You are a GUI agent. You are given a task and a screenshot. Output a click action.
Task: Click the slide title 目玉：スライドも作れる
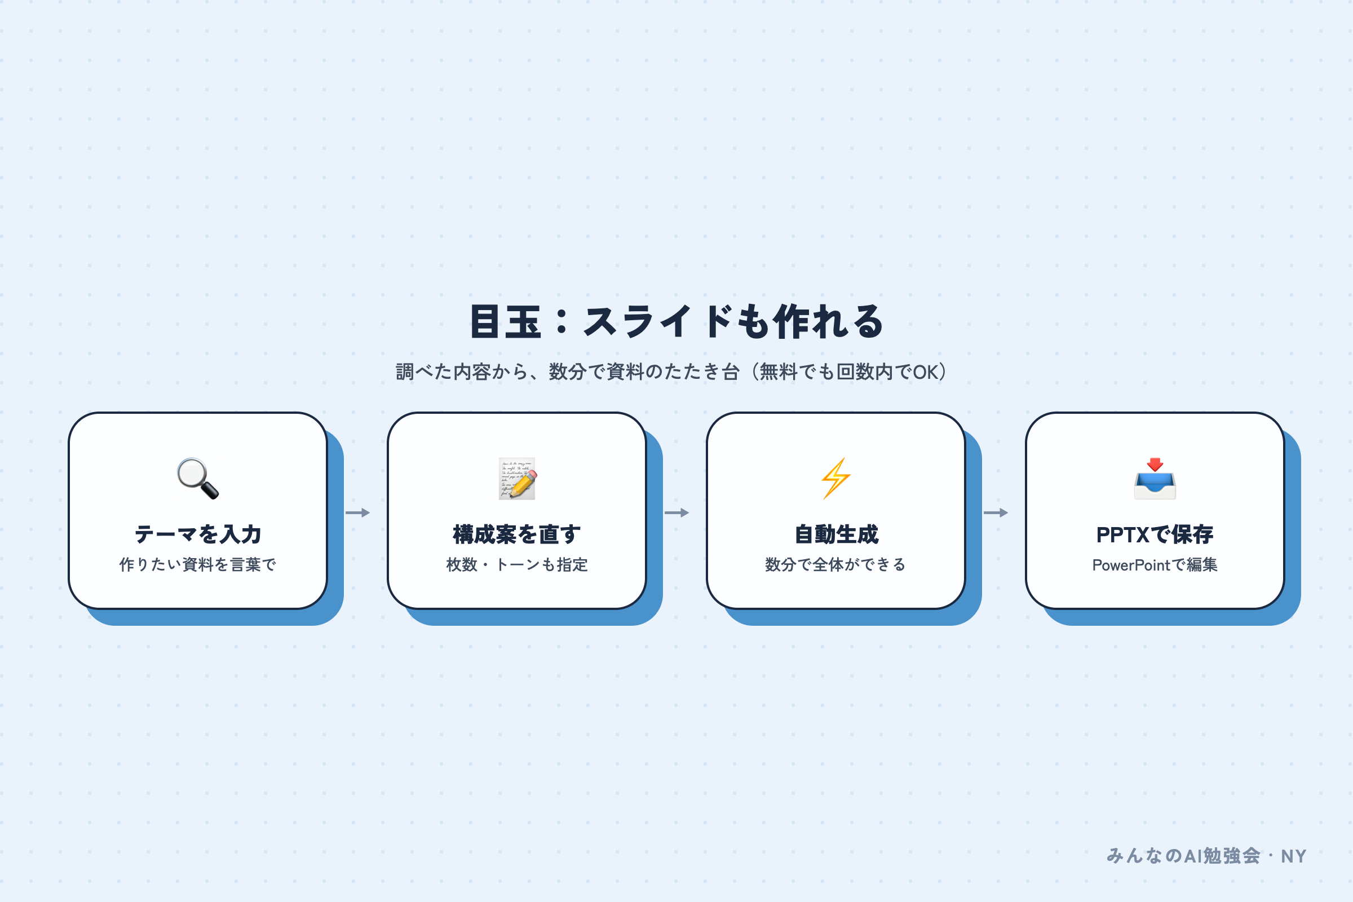coord(676,321)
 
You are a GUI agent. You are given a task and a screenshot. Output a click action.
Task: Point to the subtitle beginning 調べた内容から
coord(671,372)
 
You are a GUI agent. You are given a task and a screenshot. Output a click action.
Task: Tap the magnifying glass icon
coord(198,479)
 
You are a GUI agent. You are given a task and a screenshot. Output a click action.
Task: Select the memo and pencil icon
coord(517,479)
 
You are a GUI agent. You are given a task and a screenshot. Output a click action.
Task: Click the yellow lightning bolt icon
coord(836,479)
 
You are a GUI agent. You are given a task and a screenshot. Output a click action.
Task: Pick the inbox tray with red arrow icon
coord(1155,479)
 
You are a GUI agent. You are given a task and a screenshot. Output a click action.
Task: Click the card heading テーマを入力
coord(198,534)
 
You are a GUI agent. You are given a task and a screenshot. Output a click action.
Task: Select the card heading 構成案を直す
coord(517,534)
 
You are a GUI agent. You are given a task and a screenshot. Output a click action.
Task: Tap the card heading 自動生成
coord(836,534)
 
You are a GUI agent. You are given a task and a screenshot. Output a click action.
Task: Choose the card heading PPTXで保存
coord(1155,534)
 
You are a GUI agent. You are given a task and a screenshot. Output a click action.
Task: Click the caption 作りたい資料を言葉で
coord(198,565)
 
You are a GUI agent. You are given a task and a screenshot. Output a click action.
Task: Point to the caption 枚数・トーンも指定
coord(517,565)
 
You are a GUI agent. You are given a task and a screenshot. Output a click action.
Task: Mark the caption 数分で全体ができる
coord(836,565)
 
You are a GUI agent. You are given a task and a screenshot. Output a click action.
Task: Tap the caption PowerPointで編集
coord(1155,565)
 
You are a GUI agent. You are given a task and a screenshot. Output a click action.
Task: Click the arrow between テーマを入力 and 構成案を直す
coord(358,512)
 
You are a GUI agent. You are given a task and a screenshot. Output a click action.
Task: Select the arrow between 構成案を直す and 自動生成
coord(676,512)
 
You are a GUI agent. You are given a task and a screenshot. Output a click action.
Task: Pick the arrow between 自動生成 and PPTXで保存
coord(996,512)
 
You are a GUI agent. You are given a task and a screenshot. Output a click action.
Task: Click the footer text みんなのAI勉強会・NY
coord(1206,856)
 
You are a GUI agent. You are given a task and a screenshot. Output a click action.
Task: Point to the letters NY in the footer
coord(1294,856)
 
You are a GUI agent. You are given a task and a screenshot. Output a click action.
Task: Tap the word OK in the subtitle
coord(926,372)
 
